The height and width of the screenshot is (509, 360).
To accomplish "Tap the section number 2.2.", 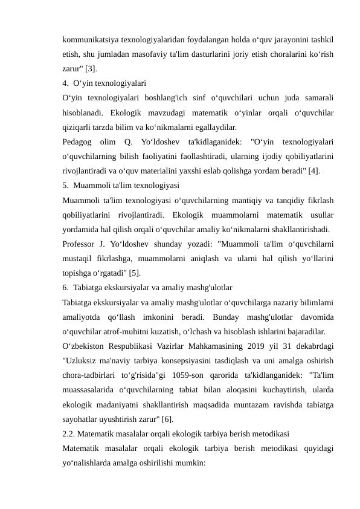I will click(69, 433).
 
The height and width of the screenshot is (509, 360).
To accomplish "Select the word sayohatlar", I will click(81, 419).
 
